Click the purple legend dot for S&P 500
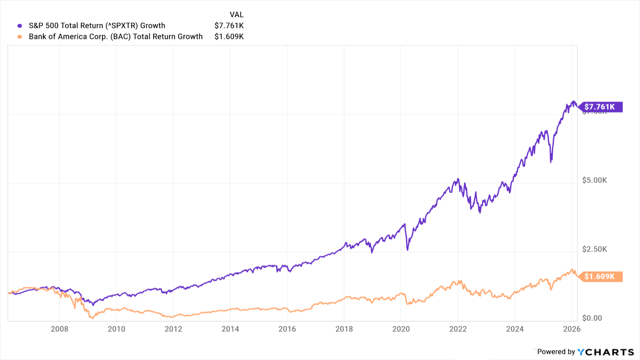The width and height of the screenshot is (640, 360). pyautogui.click(x=20, y=26)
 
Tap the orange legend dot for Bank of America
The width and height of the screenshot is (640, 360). pyautogui.click(x=20, y=37)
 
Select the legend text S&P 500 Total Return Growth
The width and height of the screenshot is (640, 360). pyautogui.click(x=97, y=26)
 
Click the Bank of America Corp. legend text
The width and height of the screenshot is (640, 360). pyautogui.click(x=116, y=36)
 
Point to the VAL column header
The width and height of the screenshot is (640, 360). pyautogui.click(x=236, y=15)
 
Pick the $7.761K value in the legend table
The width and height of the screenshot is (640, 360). pyautogui.click(x=229, y=26)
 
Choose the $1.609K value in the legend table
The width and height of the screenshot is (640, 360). pyautogui.click(x=229, y=36)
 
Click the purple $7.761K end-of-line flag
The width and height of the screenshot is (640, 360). pyautogui.click(x=600, y=107)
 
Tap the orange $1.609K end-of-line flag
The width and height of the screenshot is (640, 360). pyautogui.click(x=600, y=276)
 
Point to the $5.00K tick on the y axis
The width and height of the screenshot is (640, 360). pyautogui.click(x=594, y=180)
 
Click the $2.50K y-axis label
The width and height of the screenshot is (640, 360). pyautogui.click(x=594, y=249)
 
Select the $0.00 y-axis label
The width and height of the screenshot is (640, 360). pyautogui.click(x=592, y=318)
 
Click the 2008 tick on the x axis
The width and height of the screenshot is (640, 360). pyautogui.click(x=60, y=329)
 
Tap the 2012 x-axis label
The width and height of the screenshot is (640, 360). pyautogui.click(x=173, y=329)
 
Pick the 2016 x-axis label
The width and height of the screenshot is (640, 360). pyautogui.click(x=287, y=329)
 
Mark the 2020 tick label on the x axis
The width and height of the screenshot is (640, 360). pyautogui.click(x=401, y=329)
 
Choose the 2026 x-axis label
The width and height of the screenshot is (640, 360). pyautogui.click(x=572, y=329)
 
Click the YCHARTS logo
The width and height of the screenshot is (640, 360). pyautogui.click(x=606, y=352)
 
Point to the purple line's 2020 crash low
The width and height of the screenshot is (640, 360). pyautogui.click(x=408, y=250)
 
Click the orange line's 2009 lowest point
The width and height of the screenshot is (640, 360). pyautogui.click(x=92, y=318)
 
